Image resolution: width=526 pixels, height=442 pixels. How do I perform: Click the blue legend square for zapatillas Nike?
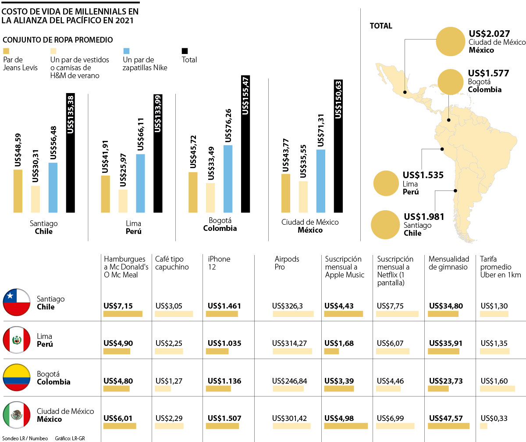[x=127, y=51]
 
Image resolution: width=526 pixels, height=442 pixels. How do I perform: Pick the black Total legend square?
[x=184, y=51]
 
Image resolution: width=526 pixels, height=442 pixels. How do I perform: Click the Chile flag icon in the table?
[x=16, y=303]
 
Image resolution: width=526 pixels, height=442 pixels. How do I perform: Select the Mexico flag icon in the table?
[x=16, y=415]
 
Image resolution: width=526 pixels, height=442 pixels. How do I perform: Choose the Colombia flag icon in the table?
[x=16, y=378]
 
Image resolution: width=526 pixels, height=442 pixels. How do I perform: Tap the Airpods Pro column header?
[x=287, y=263]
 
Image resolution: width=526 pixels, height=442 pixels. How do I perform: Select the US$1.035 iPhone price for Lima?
[x=224, y=343]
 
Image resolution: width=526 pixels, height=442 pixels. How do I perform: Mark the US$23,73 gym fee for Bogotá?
[x=446, y=381]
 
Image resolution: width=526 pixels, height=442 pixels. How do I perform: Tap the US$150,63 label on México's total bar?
[x=338, y=99]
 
